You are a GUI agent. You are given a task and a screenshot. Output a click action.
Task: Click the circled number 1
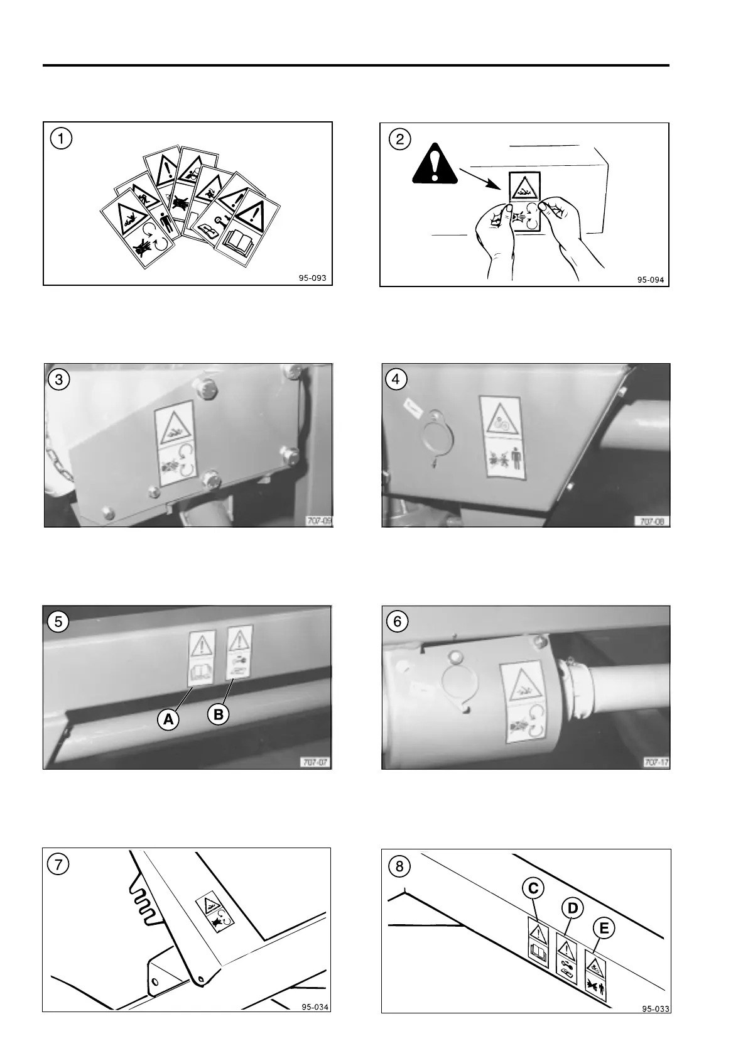[61, 138]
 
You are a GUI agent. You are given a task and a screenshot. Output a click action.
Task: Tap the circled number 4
[398, 379]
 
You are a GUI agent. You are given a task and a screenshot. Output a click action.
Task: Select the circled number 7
[58, 864]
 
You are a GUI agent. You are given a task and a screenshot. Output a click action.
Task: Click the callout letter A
[168, 719]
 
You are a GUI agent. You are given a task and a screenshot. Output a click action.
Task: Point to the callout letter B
[219, 714]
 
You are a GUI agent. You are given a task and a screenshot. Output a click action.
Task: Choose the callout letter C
[533, 888]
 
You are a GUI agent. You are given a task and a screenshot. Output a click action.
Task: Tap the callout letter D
[572, 908]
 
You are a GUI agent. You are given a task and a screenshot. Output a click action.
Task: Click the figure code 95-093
[313, 278]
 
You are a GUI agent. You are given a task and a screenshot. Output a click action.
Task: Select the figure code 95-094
[650, 280]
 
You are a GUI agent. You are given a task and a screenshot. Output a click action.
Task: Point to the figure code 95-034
[315, 1007]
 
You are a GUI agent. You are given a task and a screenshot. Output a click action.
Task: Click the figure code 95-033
[655, 1009]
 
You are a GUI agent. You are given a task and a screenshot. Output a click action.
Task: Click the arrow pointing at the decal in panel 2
[480, 178]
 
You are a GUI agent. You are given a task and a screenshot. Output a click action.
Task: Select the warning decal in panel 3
[175, 443]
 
